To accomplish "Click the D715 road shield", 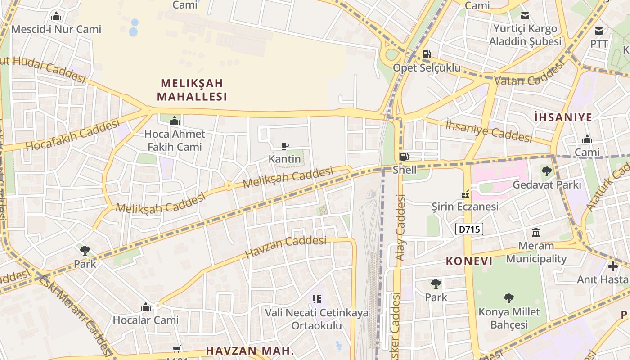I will coord(469,229).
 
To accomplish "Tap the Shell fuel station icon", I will coord(404,157).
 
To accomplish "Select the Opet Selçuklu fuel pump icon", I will coord(427,55).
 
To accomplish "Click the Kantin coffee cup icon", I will coord(284,146).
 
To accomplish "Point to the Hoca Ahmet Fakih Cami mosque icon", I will coord(175,121).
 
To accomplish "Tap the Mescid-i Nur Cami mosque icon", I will coord(56,17).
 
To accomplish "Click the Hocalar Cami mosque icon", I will coord(145,307).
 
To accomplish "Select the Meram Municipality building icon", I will coord(536,233).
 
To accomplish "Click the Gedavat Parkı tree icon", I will coord(547,171).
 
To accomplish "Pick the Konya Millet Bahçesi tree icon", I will coord(509,298).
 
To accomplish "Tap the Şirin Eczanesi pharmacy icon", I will coord(465,194).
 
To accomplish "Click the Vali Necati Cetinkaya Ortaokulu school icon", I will coord(317,299).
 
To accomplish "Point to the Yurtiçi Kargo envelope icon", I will coord(525,16).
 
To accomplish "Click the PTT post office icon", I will coord(599,31).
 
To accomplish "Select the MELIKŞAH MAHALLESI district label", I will coord(192,90).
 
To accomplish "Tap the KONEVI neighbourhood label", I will coord(469,261).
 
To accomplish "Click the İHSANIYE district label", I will coord(563,117).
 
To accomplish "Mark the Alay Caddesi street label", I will coord(400,227).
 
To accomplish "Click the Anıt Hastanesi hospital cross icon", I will coord(613,266).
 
